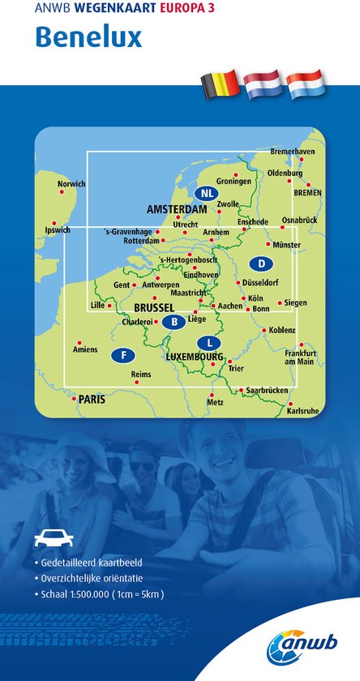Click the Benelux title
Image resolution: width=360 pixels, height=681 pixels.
click(x=88, y=36)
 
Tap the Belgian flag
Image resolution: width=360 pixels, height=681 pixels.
click(x=220, y=83)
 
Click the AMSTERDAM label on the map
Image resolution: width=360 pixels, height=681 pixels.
click(x=177, y=210)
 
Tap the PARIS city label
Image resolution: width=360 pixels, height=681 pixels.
click(x=92, y=400)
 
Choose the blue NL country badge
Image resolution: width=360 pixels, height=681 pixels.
click(x=206, y=193)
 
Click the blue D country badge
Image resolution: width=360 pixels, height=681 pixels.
click(x=261, y=263)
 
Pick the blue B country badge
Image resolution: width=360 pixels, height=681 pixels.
click(x=174, y=323)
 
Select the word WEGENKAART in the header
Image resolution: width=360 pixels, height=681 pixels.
click(x=108, y=10)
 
